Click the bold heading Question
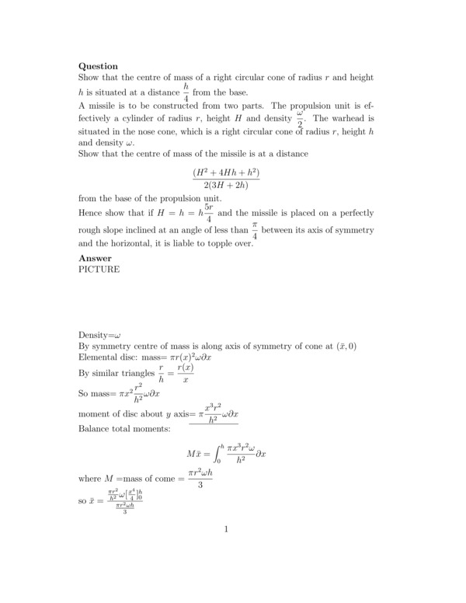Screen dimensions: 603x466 [98, 66]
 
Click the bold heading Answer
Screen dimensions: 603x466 [95, 258]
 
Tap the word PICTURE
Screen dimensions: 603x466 [99, 270]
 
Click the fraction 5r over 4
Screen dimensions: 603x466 [208, 213]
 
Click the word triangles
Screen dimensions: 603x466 [133, 375]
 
